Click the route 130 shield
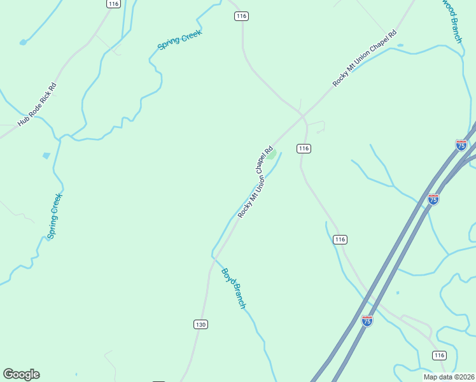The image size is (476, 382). click(200, 325)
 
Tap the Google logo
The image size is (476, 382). click(21, 374)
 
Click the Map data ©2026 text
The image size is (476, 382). click(449, 377)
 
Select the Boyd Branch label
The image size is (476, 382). click(233, 288)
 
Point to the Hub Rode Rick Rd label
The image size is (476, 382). click(37, 104)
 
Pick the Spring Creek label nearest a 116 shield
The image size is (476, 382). click(179, 39)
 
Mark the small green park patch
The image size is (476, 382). click(272, 154)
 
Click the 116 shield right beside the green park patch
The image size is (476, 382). click(304, 148)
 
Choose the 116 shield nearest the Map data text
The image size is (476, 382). click(438, 355)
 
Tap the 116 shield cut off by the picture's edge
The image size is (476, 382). click(113, 4)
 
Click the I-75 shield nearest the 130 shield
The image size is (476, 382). click(367, 321)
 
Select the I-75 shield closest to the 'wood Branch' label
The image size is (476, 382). click(461, 145)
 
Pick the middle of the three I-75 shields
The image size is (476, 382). click(433, 199)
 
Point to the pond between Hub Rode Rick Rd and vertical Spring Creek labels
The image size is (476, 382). click(46, 155)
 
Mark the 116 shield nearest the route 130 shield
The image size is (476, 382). click(340, 239)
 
